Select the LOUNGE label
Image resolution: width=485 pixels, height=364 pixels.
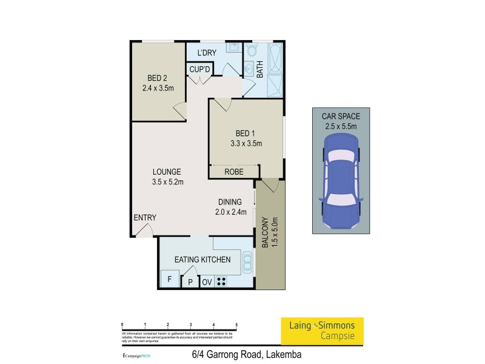(x=166, y=172)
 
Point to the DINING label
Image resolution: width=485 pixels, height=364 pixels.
(x=230, y=202)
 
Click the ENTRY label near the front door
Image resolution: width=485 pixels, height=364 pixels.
(x=145, y=218)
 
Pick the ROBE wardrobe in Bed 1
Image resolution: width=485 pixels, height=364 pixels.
(x=233, y=172)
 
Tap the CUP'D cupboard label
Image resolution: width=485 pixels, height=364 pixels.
(x=199, y=69)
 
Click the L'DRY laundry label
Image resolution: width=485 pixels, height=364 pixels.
(x=207, y=53)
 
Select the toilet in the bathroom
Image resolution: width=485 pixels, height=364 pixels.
(x=250, y=50)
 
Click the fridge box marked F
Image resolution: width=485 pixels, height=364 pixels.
(x=169, y=280)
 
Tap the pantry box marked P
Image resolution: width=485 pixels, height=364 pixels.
(x=190, y=281)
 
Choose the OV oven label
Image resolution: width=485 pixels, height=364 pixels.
(x=207, y=281)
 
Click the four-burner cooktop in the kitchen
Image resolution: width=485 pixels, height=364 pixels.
(x=222, y=281)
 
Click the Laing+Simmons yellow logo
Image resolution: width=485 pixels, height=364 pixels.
(x=321, y=330)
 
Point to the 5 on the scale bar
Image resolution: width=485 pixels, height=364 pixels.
(x=236, y=325)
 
